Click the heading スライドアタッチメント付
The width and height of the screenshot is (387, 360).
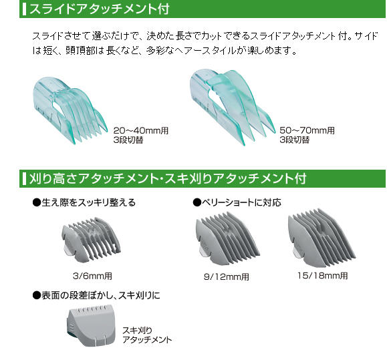(x=99, y=9)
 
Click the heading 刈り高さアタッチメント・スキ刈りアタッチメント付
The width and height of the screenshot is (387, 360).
(x=168, y=178)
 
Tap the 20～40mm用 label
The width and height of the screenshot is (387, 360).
(x=141, y=131)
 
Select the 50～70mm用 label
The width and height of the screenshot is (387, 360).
(x=307, y=131)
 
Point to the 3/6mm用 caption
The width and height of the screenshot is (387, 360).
(x=92, y=276)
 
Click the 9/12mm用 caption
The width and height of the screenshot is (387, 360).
(x=227, y=277)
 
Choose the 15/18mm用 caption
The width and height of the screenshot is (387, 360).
(x=323, y=276)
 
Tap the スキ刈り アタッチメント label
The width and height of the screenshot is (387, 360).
(x=147, y=335)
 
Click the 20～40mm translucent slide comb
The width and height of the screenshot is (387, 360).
(x=70, y=110)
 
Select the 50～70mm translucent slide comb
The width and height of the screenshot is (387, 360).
(x=232, y=108)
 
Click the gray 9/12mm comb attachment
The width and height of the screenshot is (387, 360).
(x=227, y=238)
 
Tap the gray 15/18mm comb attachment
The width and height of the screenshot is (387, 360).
(x=321, y=237)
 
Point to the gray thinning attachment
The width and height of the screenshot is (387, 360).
(x=91, y=325)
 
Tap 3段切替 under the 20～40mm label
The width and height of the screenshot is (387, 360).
(x=128, y=140)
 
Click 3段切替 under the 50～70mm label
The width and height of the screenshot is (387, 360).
(x=295, y=140)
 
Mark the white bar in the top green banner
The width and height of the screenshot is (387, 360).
(x=24, y=9)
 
